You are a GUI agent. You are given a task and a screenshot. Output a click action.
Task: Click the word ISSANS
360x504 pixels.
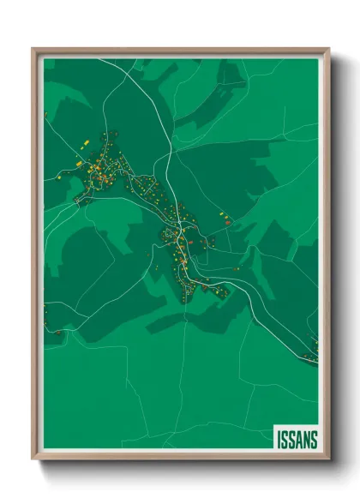[x=297, y=439]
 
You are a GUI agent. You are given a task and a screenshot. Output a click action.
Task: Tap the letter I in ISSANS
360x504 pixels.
[x=279, y=439]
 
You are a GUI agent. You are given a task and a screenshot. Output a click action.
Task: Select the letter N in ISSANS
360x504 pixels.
[x=305, y=439]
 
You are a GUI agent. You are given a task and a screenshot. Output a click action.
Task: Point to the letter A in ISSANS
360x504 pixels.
[x=297, y=439]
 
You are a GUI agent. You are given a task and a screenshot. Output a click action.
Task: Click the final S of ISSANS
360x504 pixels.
[x=314, y=439]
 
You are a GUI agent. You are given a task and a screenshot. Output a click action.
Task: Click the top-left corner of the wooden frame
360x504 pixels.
[x=33, y=49]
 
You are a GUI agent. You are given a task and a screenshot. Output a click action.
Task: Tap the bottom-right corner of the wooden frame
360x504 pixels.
[x=328, y=460]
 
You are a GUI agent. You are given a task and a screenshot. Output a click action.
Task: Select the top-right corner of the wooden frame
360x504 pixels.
[x=328, y=49]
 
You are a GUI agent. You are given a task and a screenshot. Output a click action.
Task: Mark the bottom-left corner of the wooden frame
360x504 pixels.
[x=33, y=460]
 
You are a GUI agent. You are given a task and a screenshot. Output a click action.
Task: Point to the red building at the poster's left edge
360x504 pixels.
[x=56, y=331]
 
